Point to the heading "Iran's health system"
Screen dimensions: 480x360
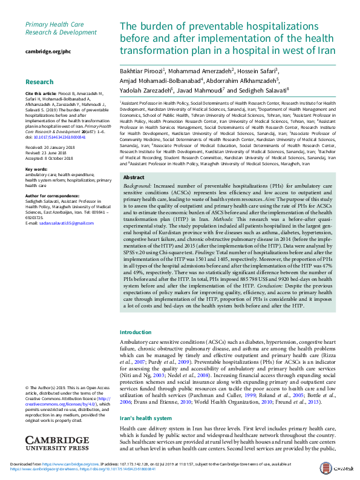146,419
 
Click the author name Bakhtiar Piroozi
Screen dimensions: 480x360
142,71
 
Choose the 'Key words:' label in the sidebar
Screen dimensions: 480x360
36,169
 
